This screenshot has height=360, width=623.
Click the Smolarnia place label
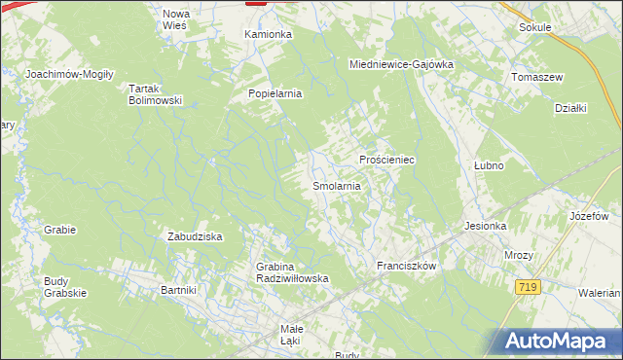point(337,185)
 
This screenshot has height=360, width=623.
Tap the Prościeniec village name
point(387,160)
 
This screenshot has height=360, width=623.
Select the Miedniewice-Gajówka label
point(402,64)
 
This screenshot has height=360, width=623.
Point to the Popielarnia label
point(276,94)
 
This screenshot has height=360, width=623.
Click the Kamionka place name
point(268,34)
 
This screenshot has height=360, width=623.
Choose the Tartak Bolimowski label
point(156,93)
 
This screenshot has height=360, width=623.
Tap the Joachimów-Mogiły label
point(70,74)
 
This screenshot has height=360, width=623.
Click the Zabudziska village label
point(196,236)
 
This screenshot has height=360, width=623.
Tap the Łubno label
point(488,165)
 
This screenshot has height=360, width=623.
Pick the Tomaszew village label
point(537,77)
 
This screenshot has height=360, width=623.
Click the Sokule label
point(535,27)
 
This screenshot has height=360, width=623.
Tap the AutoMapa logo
point(558,341)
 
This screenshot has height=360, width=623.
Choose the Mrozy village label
point(518,255)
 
